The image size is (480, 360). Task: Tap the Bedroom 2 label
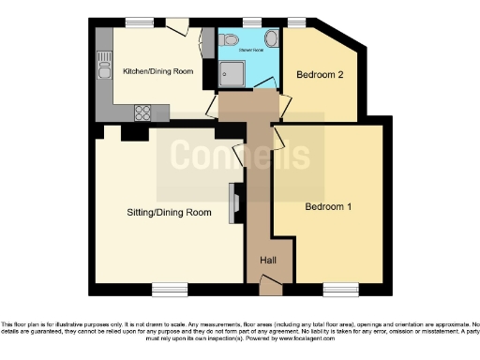320,74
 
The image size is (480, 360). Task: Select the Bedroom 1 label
327,207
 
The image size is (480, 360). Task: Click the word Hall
267,261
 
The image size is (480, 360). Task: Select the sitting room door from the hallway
241,152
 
